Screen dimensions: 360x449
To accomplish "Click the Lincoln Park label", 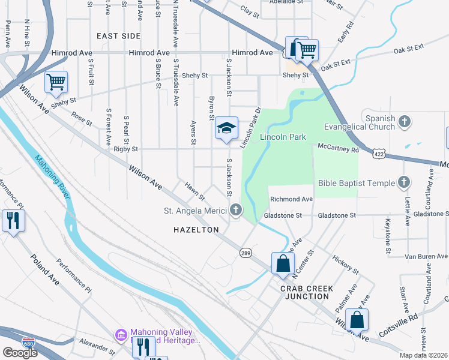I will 283,137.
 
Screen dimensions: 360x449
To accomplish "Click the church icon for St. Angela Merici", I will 236,210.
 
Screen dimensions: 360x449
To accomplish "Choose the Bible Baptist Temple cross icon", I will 405,182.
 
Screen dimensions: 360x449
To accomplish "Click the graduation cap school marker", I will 226,128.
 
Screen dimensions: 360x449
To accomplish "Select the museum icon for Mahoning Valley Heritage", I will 121,334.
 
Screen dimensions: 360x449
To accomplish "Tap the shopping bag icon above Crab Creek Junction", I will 282,263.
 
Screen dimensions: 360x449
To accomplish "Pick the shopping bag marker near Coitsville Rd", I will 357,320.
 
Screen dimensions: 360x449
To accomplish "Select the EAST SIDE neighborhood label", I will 118,36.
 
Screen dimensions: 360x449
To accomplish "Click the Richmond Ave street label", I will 291,199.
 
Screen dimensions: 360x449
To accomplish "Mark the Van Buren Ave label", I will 426,256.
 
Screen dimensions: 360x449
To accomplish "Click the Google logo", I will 20,353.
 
